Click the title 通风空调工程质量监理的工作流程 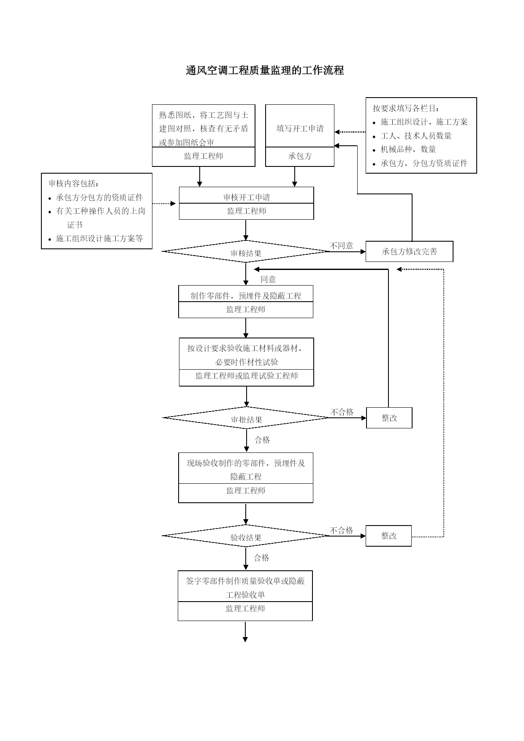(265, 70)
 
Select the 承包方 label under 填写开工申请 (300, 156)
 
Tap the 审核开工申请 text (247, 197)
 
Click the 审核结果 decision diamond (246, 251)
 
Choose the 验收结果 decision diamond (246, 536)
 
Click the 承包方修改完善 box (409, 251)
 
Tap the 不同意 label (341, 245)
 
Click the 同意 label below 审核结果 (268, 279)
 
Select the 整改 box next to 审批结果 (389, 418)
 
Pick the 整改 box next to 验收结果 (388, 536)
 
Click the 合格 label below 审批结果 (262, 440)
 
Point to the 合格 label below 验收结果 (261, 558)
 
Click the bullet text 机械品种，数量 (408, 150)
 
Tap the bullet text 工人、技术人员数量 (416, 136)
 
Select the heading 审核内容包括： (74, 183)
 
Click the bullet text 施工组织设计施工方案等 (100, 239)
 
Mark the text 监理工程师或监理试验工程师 (247, 376)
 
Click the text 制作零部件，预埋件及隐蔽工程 (246, 296)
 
